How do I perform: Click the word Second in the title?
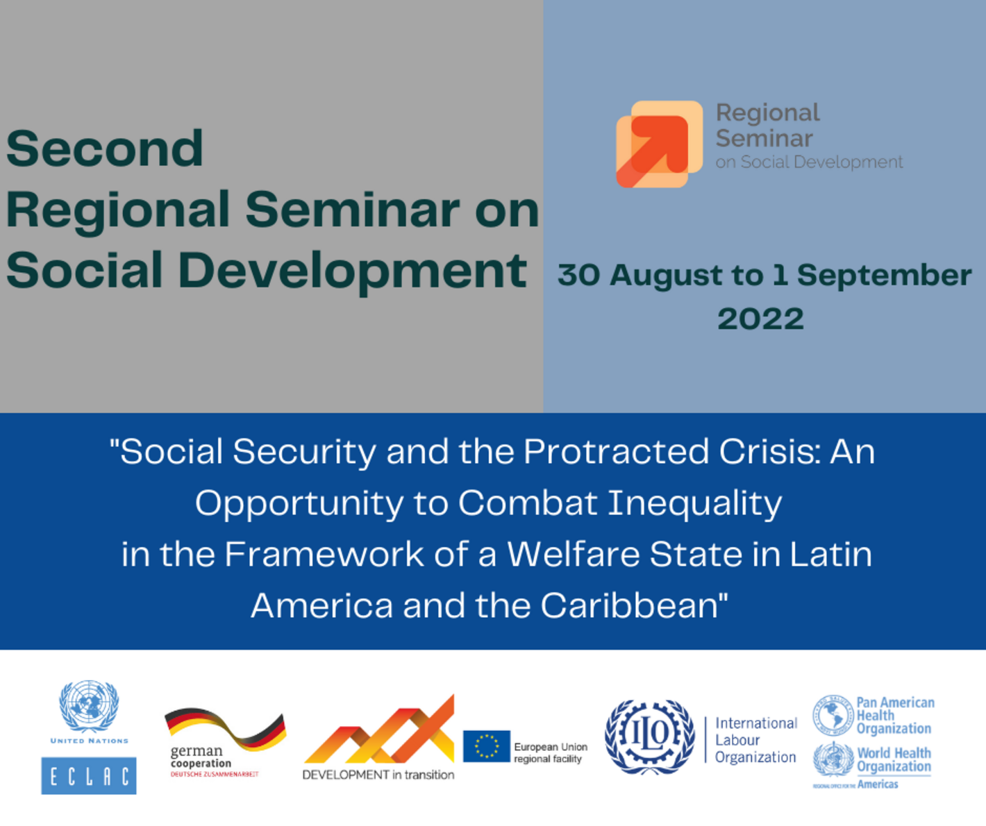point(105,149)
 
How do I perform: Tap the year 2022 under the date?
point(760,319)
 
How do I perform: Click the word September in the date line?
point(884,276)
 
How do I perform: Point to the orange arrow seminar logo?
point(659,144)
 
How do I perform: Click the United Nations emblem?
point(89,706)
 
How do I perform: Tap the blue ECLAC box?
point(89,775)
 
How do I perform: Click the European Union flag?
point(486,746)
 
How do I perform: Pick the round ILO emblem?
point(650,736)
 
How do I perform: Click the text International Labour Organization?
point(755,740)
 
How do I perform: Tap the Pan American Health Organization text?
point(894,716)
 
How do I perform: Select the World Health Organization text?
point(894,760)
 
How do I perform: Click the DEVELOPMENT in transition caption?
point(378,775)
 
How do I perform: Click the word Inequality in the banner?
point(694,503)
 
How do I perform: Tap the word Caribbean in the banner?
point(634,605)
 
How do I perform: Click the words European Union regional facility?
point(550,753)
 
